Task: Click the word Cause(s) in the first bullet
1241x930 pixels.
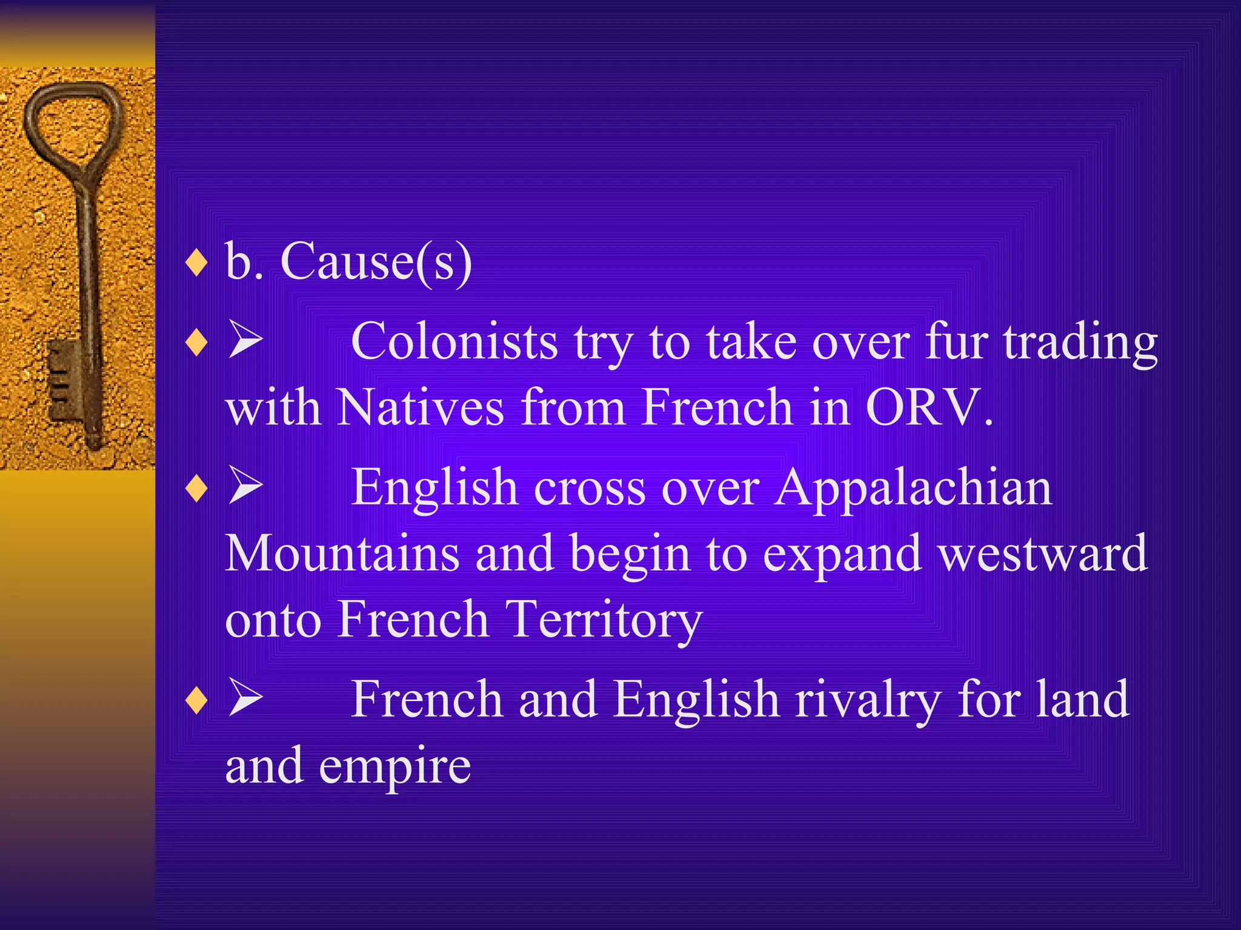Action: tap(376, 262)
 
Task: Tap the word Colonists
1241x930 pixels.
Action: tap(454, 342)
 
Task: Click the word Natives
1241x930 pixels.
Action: tap(420, 407)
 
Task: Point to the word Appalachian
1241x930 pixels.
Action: tap(914, 487)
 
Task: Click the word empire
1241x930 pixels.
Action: tap(394, 766)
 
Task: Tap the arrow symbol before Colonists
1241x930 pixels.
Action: tap(245, 341)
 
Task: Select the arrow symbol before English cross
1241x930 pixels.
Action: tap(245, 487)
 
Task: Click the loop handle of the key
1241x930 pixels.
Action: tap(73, 121)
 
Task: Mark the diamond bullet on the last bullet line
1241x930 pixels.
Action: tap(197, 701)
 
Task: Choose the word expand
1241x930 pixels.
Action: tap(842, 554)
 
